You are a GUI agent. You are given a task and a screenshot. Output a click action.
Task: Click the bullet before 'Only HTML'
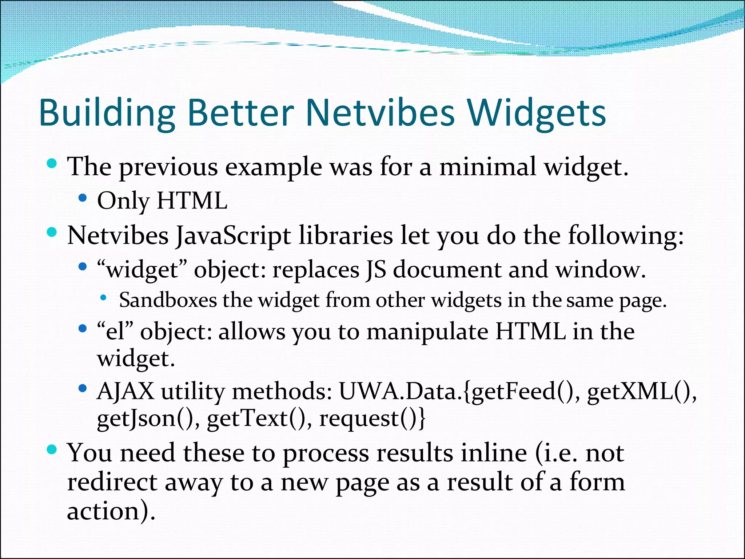[83, 198]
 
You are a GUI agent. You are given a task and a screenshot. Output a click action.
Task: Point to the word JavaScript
[233, 236]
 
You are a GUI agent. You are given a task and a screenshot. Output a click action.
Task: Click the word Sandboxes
[168, 300]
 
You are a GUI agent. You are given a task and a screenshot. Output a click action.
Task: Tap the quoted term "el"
[115, 332]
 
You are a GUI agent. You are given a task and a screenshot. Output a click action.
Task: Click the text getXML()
[641, 392]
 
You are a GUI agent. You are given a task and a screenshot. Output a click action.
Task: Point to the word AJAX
[126, 392]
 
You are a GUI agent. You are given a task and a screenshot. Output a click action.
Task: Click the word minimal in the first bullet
[487, 167]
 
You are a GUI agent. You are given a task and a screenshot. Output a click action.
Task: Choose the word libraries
[346, 235]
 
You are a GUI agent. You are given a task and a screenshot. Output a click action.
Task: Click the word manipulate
[427, 332]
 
